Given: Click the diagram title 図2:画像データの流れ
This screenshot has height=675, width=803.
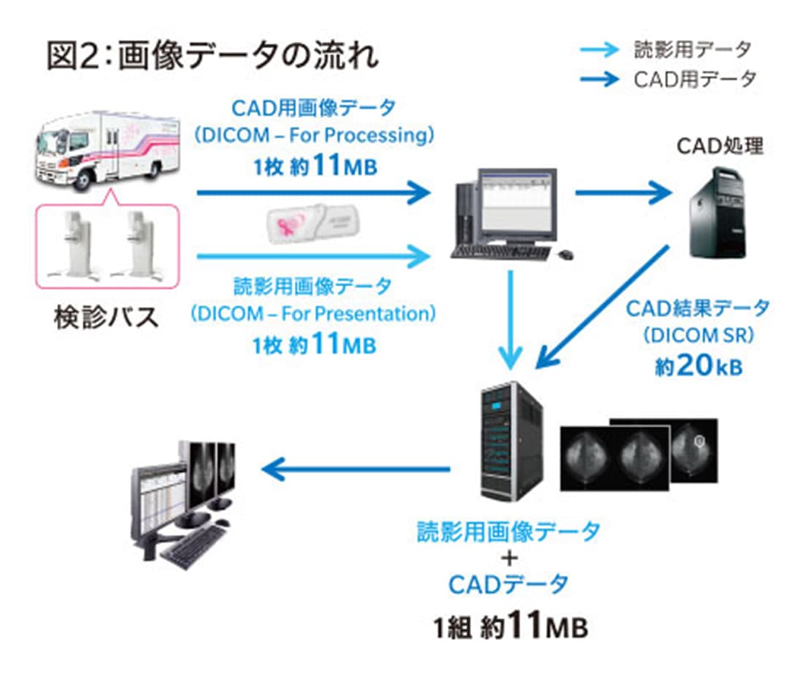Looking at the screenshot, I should [212, 57].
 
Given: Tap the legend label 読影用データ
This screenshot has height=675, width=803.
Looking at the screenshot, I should [693, 50].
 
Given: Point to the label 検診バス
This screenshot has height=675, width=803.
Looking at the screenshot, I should [106, 319].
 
